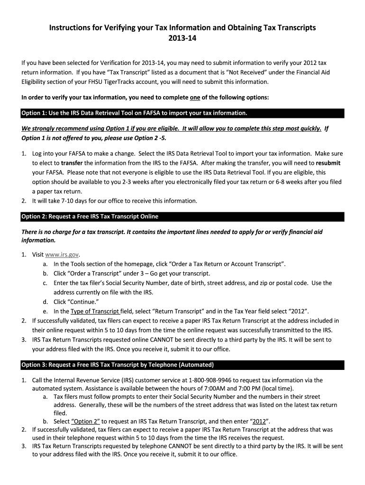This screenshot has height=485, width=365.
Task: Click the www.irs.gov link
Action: (62, 254)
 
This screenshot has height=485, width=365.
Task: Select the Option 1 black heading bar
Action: (182, 113)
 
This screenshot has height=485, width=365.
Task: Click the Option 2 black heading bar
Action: (182, 216)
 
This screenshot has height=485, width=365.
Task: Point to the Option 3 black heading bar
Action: (182, 365)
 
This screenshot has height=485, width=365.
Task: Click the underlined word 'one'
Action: (195, 98)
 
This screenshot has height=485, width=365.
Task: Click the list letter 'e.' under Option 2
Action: (45, 311)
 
